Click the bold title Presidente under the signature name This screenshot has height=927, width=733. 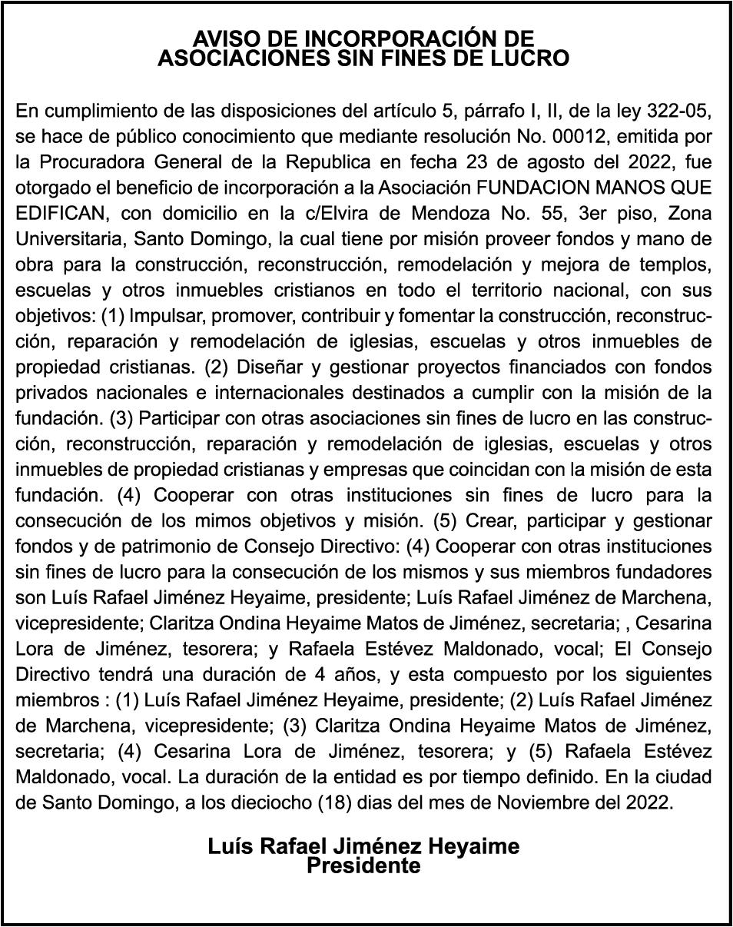pyautogui.click(x=363, y=866)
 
